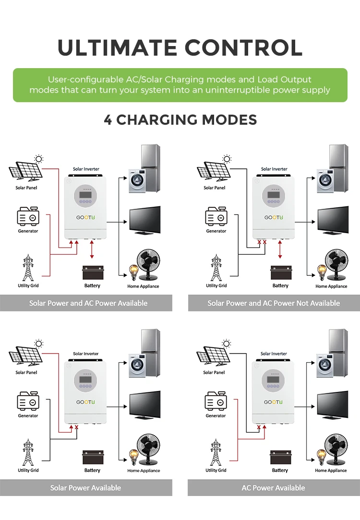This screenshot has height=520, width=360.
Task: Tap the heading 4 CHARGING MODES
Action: point(180,119)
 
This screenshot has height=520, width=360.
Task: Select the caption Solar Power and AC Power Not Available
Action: point(274,303)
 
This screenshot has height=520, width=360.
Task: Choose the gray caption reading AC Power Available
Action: point(273,488)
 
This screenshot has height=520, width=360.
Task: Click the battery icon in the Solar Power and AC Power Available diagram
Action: point(93,273)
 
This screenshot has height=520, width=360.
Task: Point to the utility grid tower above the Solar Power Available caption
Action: point(28,453)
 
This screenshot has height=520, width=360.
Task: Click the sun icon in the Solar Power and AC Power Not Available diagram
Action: point(227,159)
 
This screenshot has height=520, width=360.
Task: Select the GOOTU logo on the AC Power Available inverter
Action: point(274,402)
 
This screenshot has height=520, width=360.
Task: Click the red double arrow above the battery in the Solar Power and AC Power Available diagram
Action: point(92,250)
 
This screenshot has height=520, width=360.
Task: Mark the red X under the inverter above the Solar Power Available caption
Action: point(76,427)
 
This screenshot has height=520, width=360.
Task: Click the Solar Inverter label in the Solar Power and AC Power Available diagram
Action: point(86,169)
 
